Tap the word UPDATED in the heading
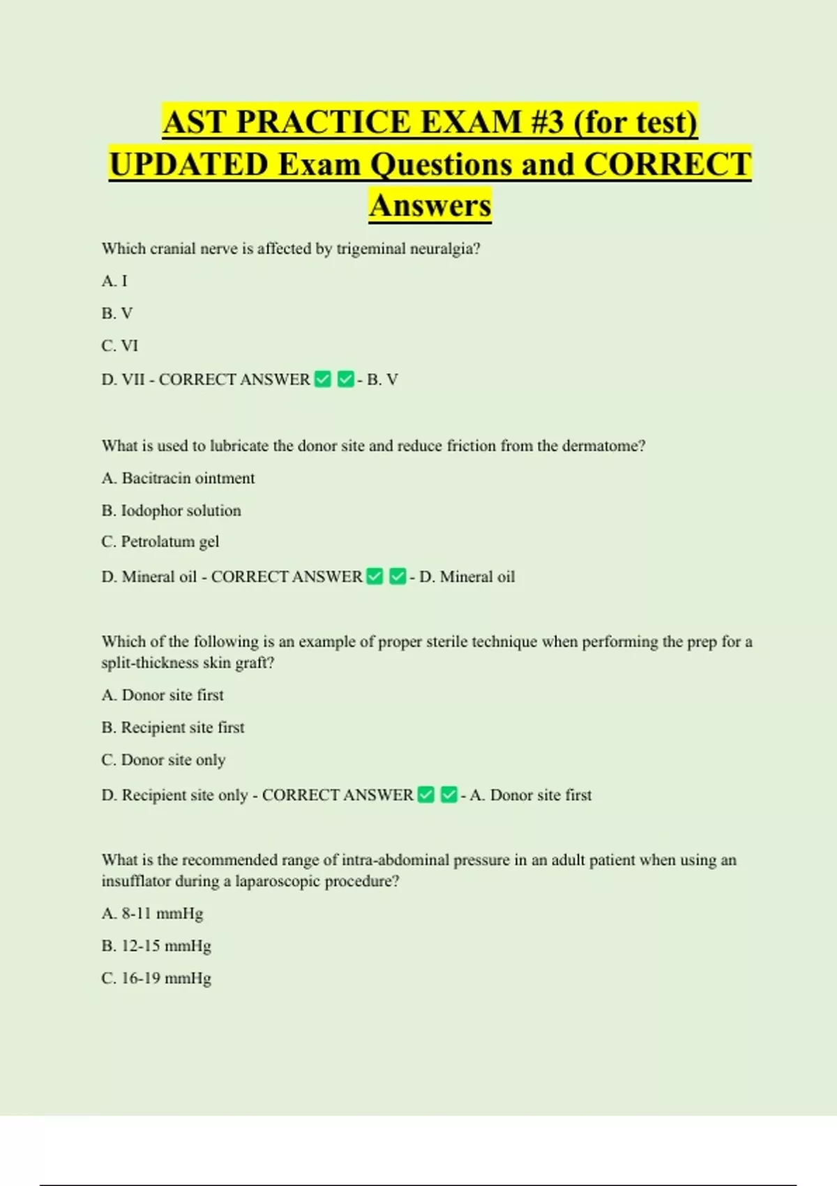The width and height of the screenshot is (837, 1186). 189,165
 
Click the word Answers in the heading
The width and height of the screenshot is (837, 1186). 430,205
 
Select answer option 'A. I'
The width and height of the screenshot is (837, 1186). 114,280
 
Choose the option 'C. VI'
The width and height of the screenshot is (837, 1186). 120,345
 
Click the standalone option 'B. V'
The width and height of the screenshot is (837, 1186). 117,313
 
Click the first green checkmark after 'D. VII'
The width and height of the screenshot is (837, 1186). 323,379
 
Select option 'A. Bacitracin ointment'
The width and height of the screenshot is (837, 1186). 178,478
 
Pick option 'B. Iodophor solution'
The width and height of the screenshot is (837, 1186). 171,510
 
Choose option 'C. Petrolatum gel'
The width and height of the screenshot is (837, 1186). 160,541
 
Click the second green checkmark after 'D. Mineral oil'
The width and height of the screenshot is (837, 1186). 398,576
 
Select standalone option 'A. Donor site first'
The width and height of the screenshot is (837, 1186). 163,695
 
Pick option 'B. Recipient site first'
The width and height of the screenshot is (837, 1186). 173,727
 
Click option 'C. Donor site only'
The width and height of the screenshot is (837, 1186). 163,760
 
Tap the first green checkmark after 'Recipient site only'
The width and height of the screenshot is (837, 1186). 426,795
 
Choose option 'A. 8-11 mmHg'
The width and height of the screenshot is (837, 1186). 152,913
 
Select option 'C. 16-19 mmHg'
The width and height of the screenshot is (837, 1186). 156,978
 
